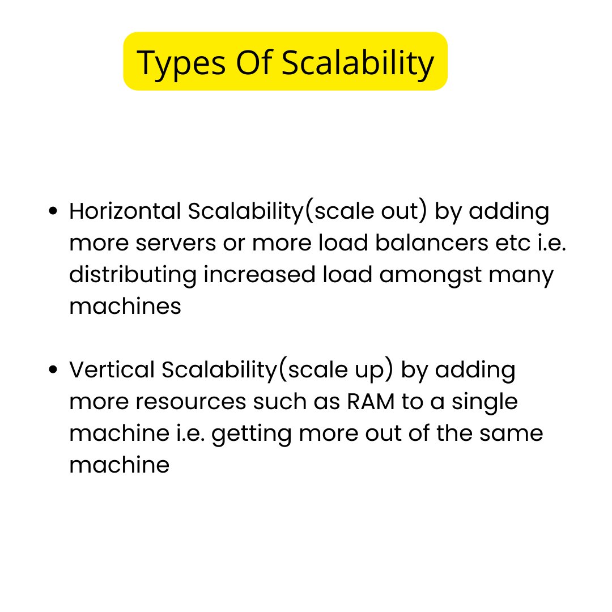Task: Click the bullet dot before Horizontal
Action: click(53, 212)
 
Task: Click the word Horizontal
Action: click(125, 212)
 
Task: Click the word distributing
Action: click(133, 275)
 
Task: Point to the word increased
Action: click(259, 275)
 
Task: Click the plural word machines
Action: click(125, 307)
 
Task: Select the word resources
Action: click(191, 402)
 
